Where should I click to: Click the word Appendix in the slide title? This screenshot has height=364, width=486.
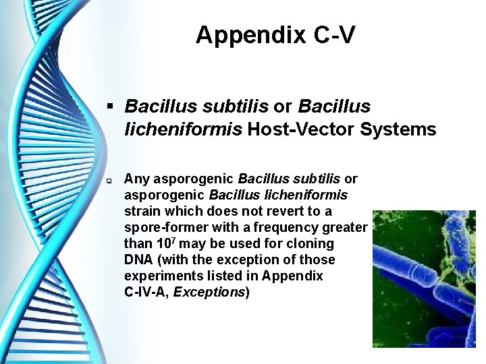[x=250, y=35]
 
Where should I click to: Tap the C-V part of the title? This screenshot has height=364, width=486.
[x=333, y=35]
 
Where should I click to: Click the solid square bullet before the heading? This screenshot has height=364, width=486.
[x=112, y=107]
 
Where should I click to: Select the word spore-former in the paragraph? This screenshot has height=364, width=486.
[x=164, y=227]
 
